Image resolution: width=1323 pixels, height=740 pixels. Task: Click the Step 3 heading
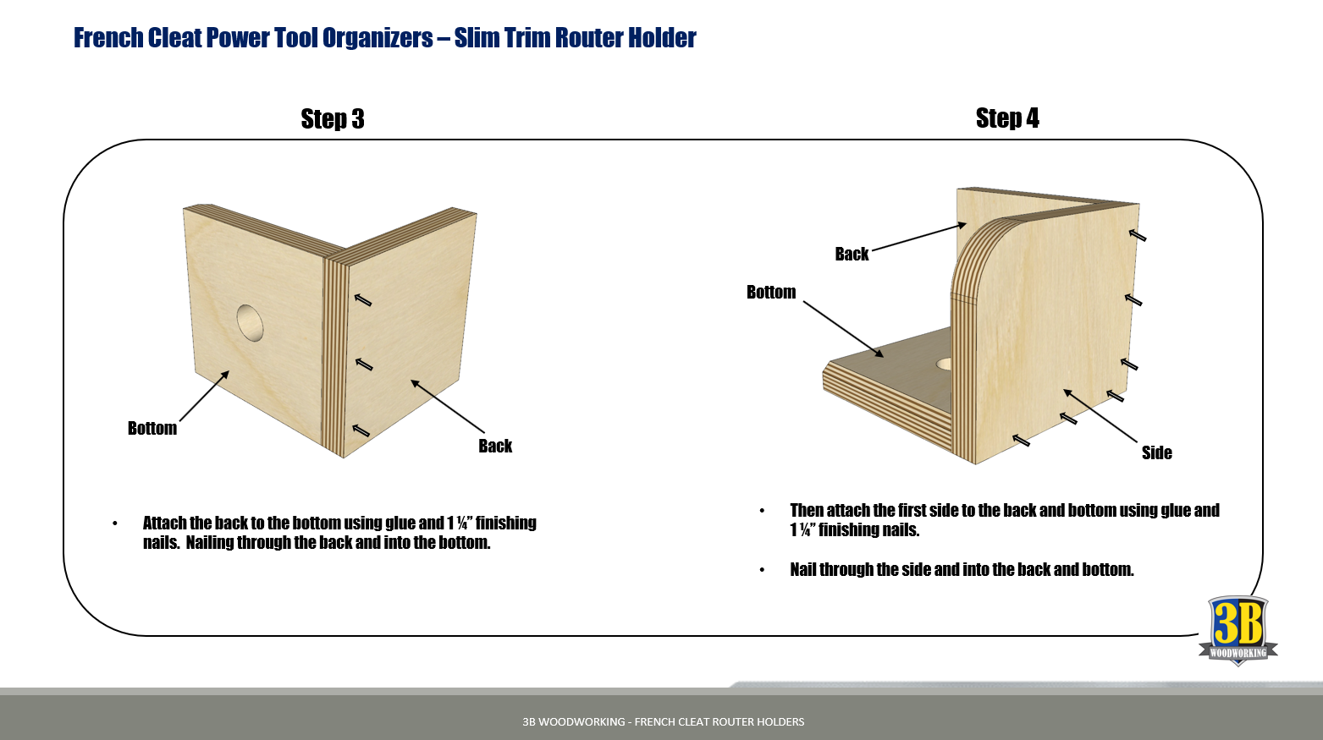(333, 119)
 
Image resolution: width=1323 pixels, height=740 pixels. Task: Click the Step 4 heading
(1006, 118)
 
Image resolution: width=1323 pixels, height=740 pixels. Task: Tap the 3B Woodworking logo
(1238, 631)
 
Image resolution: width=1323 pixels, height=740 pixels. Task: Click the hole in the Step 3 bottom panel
(250, 322)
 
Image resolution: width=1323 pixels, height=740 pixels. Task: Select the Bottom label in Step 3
(152, 429)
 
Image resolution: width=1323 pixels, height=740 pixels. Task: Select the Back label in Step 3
(495, 447)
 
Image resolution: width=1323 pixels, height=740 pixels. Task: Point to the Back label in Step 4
(852, 255)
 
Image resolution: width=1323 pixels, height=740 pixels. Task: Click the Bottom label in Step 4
(771, 293)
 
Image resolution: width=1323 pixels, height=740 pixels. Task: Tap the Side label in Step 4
(1156, 453)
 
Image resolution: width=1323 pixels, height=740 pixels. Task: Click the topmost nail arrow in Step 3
(363, 299)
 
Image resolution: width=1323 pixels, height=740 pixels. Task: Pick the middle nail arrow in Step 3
(364, 365)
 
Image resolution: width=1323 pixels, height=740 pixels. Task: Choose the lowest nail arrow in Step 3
(361, 430)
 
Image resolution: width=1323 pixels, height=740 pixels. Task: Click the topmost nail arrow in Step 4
(1138, 235)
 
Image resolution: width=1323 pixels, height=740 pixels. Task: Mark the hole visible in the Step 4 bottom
(944, 364)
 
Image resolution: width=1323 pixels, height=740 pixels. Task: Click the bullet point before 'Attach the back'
(115, 524)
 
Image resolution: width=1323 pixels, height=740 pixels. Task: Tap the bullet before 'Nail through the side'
(762, 571)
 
